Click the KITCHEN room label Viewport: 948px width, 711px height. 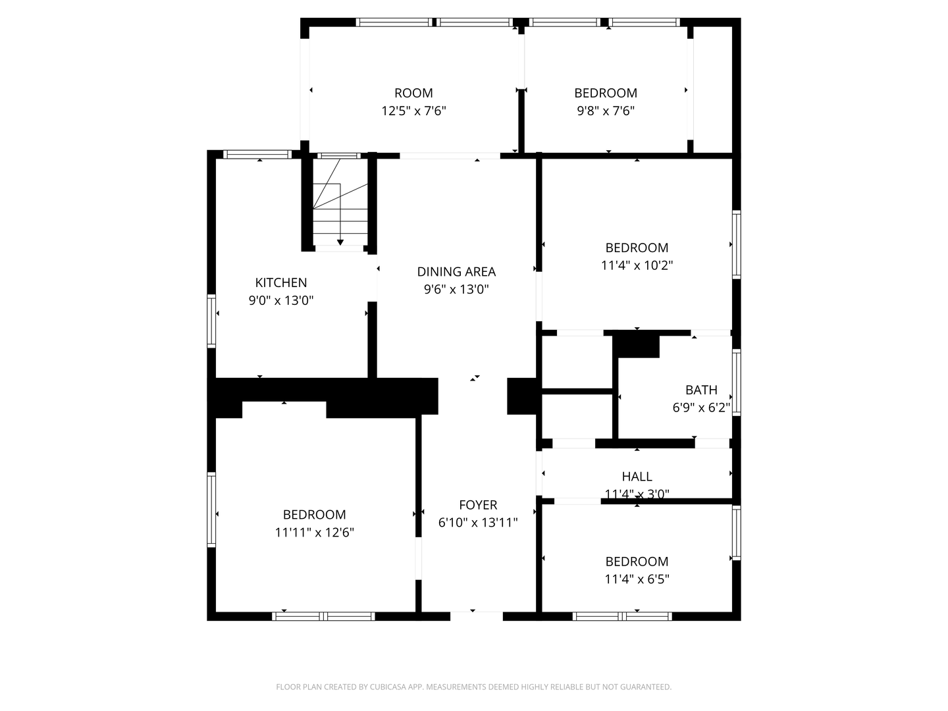(x=280, y=283)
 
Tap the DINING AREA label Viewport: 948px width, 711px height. (x=456, y=271)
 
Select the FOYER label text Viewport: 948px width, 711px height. (x=478, y=505)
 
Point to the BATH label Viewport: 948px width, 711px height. (x=701, y=390)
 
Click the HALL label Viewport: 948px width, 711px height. (x=637, y=476)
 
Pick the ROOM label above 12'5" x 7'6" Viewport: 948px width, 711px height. (x=413, y=93)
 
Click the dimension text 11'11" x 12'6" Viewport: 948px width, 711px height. (x=315, y=533)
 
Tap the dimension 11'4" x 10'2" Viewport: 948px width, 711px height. (x=637, y=265)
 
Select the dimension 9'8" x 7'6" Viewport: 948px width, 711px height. (x=606, y=111)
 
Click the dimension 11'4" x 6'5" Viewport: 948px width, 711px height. (x=637, y=579)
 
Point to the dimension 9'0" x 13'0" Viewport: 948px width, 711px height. (x=280, y=300)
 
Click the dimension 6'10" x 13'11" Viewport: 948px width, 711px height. (x=478, y=523)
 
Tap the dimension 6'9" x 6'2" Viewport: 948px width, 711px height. (x=701, y=408)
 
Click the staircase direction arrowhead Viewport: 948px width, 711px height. (x=340, y=242)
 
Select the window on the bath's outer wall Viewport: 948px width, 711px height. (x=737, y=382)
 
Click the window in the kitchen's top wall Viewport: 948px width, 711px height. (x=257, y=155)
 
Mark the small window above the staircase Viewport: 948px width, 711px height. (x=338, y=156)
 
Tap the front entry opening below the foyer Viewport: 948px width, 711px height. (x=477, y=616)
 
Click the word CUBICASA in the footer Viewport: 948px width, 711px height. (x=387, y=687)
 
